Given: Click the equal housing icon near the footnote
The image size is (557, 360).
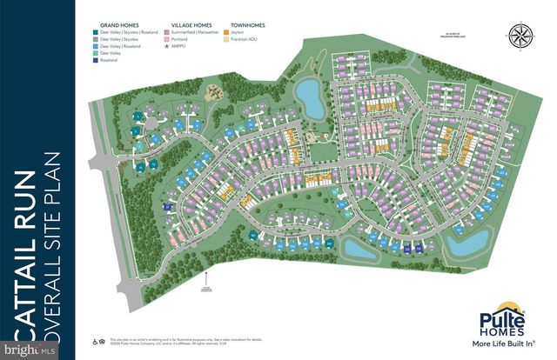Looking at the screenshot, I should pos(97,343).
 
